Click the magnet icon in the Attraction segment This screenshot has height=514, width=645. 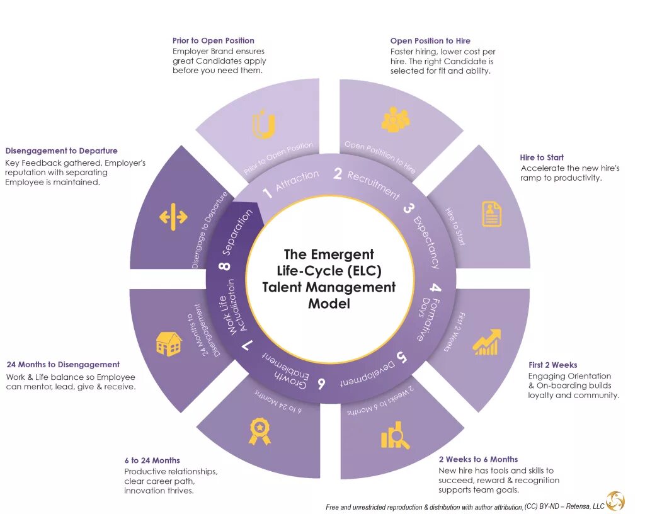[263, 125]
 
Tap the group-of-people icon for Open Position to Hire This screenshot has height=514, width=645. [395, 120]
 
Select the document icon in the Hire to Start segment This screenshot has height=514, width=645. [492, 214]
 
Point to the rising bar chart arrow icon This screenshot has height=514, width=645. [486, 342]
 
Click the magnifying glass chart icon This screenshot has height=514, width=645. [395, 437]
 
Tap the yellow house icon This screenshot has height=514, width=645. [169, 344]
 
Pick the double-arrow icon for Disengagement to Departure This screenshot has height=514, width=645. [173, 217]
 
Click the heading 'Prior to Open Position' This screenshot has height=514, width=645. [214, 41]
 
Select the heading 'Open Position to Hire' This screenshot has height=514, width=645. [430, 41]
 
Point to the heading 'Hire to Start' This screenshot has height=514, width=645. [542, 157]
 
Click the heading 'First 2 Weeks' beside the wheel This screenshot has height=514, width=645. [552, 365]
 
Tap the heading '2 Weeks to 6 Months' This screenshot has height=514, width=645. [478, 459]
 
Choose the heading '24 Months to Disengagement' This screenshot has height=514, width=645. [63, 364]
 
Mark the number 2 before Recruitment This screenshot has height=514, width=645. [338, 174]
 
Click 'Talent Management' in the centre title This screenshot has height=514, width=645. [329, 287]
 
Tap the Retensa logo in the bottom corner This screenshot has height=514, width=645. [615, 501]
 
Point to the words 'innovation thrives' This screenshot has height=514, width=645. [159, 491]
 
